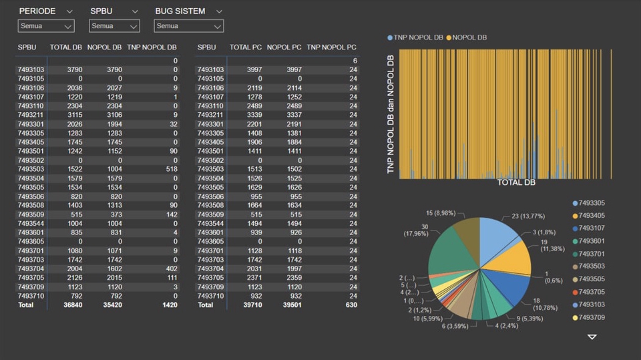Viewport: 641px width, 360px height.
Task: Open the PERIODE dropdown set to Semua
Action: (45, 26)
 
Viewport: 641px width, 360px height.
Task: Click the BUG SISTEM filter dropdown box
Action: (188, 26)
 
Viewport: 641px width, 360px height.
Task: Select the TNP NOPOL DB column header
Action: (152, 48)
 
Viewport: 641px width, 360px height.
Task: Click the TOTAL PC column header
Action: (246, 48)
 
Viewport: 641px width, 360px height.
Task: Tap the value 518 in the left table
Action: (171, 170)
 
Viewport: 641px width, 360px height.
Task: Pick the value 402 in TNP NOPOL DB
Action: (171, 268)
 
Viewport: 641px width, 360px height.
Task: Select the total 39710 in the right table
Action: (249, 305)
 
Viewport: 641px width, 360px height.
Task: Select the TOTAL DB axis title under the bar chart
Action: (516, 182)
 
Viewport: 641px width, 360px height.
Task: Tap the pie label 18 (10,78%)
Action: (546, 304)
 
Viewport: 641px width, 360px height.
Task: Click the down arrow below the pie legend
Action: (592, 337)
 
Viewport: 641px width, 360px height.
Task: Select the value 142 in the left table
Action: (171, 214)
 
